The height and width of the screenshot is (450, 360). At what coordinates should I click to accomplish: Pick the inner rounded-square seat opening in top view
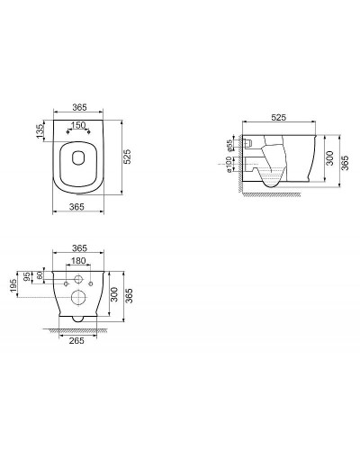(x=79, y=164)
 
